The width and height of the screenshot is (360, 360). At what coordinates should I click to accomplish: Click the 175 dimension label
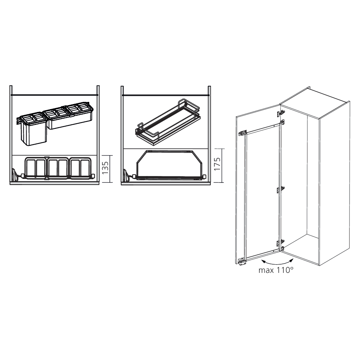point(217,164)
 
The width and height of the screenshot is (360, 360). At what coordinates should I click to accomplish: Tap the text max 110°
point(276,270)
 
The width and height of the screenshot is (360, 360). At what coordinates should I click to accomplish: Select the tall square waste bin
point(33,130)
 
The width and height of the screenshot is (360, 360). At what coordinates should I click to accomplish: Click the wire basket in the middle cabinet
point(168,123)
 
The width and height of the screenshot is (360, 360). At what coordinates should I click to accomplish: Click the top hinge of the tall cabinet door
point(280,113)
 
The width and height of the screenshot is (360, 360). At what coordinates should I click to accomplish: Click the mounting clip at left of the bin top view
point(14,174)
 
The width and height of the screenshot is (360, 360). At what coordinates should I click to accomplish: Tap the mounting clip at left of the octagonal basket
point(126,175)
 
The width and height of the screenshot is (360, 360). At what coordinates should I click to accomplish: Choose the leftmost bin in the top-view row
point(36,168)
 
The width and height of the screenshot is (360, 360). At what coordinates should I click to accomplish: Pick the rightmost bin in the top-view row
point(80,168)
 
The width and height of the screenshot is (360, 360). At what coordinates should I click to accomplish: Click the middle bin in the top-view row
point(58,168)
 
